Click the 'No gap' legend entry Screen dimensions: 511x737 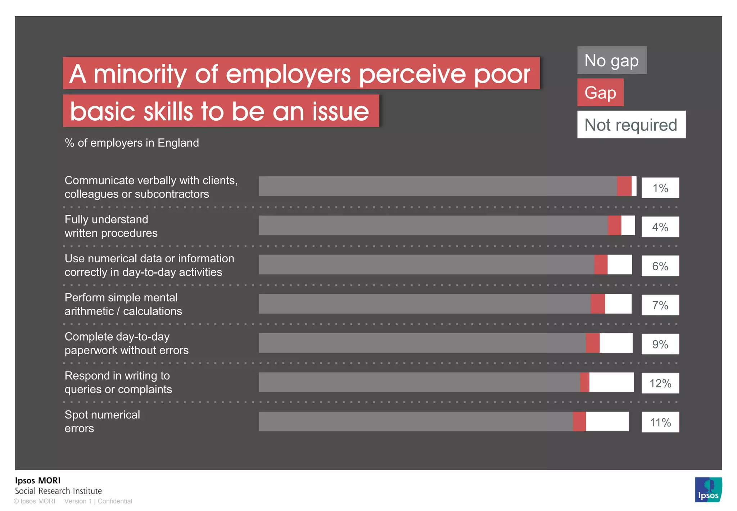(611, 60)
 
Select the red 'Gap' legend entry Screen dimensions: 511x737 (600, 92)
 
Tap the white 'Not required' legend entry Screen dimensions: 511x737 (631, 125)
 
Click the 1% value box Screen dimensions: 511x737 (660, 188)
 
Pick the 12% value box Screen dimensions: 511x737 (660, 383)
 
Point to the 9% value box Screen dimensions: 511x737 (660, 344)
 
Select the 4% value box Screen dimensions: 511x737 (660, 227)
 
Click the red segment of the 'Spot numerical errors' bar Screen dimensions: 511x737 (579, 421)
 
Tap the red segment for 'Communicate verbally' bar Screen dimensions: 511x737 (624, 186)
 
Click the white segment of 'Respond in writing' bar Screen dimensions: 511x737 (611, 382)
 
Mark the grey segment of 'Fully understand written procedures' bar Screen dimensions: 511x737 (432, 226)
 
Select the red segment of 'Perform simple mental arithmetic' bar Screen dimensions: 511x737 (597, 304)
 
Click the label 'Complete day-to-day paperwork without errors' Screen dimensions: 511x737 (126, 343)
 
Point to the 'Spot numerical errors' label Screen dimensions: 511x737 (102, 421)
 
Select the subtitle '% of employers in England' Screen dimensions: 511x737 (132, 143)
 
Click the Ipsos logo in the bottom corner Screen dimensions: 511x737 (708, 489)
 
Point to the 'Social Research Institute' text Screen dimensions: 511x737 (58, 491)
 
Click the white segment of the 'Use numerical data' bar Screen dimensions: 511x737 (619, 265)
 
